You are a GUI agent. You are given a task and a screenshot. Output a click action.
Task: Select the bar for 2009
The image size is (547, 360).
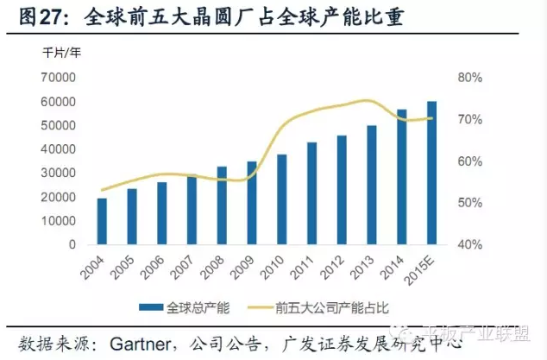pos(252,203)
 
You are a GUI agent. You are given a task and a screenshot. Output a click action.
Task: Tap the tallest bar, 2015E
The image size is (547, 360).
pos(431,173)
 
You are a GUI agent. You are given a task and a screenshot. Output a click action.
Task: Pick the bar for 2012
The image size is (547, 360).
pos(342,190)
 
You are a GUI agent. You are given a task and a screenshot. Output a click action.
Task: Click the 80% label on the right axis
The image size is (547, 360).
pos(468,78)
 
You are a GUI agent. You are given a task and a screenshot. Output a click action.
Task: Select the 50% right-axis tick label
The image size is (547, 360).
pos(468,203)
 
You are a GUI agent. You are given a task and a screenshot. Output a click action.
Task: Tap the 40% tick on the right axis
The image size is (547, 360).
pos(468,245)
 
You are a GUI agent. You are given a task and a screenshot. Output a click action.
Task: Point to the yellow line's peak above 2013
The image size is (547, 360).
pos(368,101)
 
